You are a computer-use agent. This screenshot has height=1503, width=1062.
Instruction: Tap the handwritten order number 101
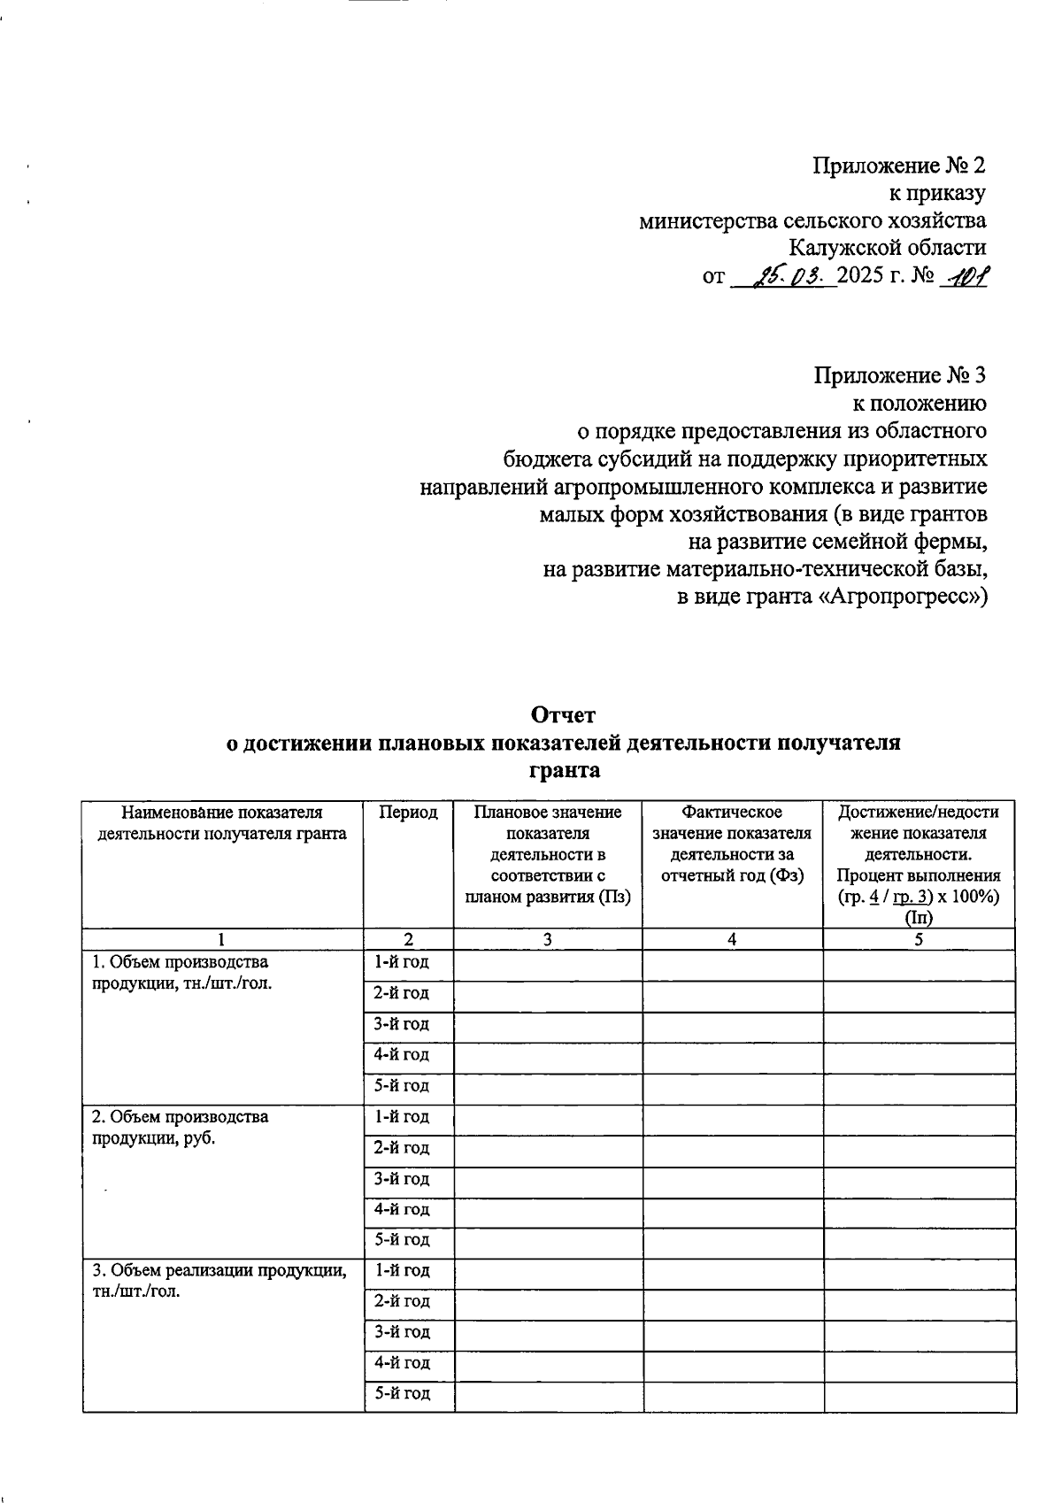coord(966,277)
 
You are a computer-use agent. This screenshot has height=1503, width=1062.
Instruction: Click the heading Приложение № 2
coord(899,166)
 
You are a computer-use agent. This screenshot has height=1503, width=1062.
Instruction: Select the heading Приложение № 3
coord(899,375)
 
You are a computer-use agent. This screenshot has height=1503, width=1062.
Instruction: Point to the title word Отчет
coord(564,714)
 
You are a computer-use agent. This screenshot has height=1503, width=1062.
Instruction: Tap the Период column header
coord(408,813)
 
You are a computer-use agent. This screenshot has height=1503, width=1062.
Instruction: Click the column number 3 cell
coord(548,939)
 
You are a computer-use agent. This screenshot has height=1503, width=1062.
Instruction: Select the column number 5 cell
coord(919,939)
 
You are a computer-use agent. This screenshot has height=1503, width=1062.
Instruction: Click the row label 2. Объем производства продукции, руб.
coord(181,1128)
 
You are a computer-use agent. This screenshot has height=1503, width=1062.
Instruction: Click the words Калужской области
coord(888,249)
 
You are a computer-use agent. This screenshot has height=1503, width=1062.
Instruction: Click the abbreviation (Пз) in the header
coord(614,897)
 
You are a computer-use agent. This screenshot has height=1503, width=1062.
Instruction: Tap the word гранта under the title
coord(564,771)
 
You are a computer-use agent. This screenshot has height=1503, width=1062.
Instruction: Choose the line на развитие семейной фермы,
coord(837,542)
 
